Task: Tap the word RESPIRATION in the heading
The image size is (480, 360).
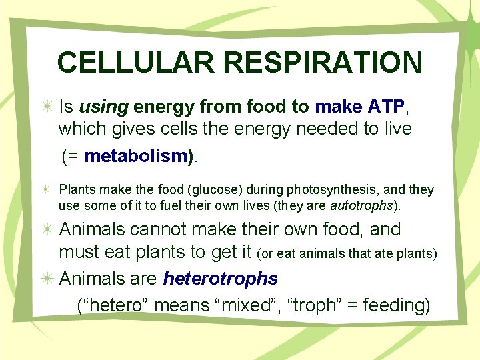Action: pyautogui.click(x=323, y=63)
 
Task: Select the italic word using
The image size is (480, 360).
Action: pyautogui.click(x=103, y=107)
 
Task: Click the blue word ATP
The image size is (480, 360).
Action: pyautogui.click(x=385, y=107)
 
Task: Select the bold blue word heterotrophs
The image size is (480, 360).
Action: pyautogui.click(x=220, y=277)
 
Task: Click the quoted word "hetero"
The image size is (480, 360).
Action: pyautogui.click(x=115, y=305)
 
